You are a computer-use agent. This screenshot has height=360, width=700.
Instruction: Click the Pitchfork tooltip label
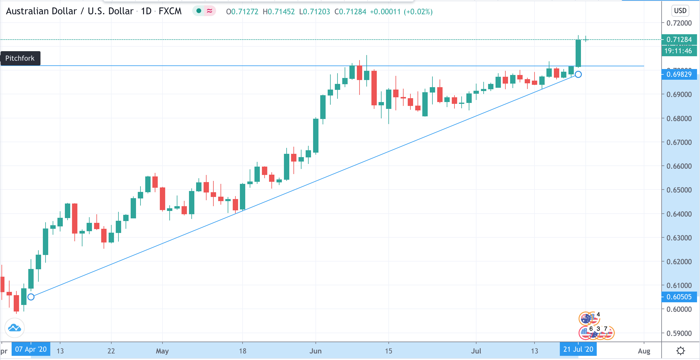[20, 58]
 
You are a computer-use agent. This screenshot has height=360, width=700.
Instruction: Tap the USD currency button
[680, 11]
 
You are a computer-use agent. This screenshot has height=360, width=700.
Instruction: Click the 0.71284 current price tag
[679, 40]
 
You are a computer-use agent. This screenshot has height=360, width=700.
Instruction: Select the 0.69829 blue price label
[679, 74]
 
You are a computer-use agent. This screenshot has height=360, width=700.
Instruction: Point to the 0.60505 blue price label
[679, 297]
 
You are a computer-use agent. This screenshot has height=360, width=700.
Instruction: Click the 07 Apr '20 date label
[31, 349]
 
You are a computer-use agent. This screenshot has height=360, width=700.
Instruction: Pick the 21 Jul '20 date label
[578, 349]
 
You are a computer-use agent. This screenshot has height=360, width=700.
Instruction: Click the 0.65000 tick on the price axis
[679, 190]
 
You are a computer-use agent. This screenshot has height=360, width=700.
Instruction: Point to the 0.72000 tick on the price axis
[679, 23]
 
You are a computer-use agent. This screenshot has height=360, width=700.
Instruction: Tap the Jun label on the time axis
[315, 351]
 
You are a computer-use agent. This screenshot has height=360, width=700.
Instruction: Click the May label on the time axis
[162, 351]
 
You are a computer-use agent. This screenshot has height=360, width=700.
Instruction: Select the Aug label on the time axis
[644, 351]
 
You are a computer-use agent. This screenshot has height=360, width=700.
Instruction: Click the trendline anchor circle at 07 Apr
[31, 297]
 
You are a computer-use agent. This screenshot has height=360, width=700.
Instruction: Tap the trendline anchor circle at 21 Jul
[578, 74]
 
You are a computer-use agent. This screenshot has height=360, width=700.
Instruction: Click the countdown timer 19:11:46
[678, 51]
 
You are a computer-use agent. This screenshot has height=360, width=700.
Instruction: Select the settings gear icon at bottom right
[680, 351]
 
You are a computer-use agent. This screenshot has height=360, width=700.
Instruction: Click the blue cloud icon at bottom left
[15, 328]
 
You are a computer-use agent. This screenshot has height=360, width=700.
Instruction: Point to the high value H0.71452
[279, 12]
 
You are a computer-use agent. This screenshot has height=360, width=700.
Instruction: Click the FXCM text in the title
[170, 11]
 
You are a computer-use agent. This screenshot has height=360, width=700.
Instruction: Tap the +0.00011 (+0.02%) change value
[401, 12]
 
